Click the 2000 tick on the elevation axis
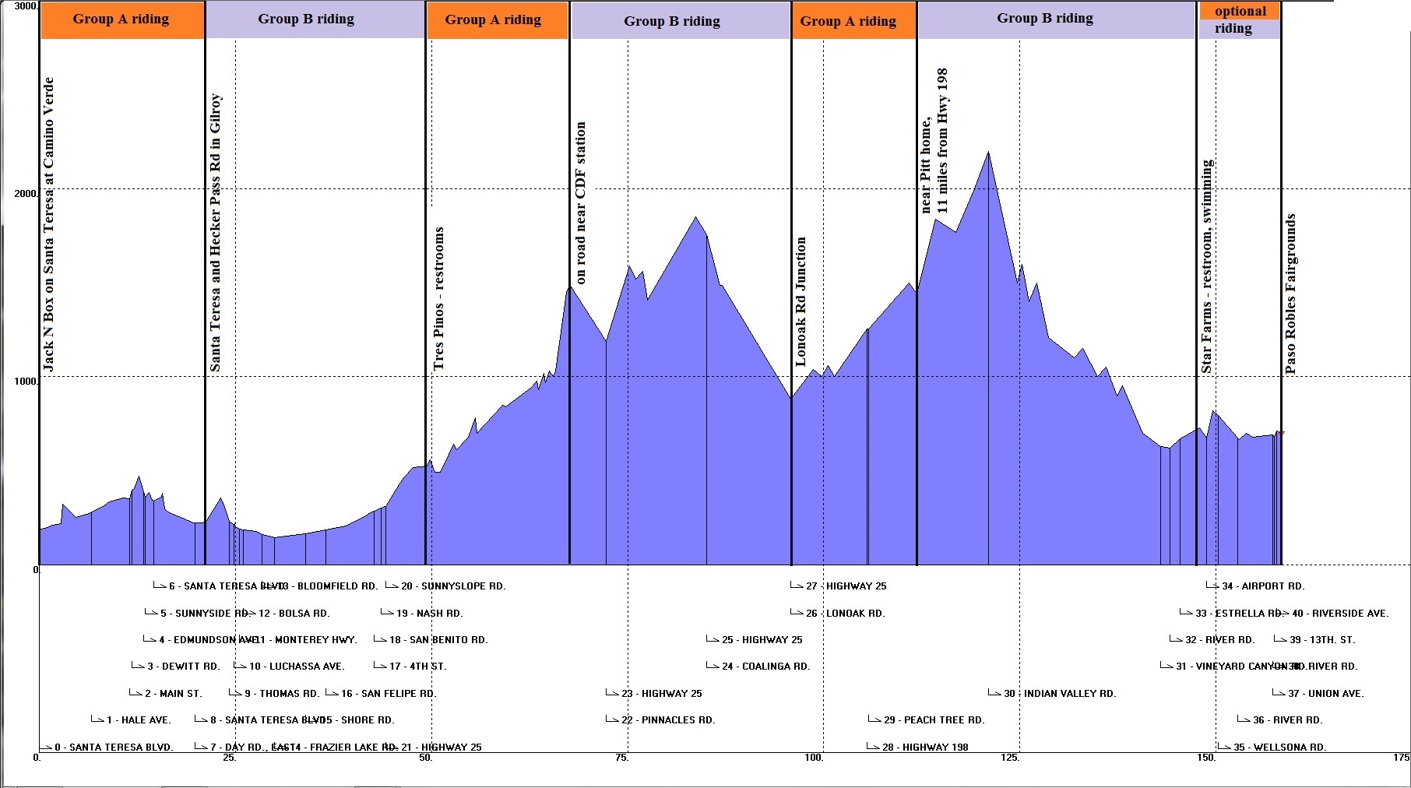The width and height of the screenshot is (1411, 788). (x=26, y=193)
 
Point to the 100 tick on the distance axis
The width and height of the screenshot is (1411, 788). (x=814, y=757)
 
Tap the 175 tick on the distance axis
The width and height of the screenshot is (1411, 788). (x=1401, y=757)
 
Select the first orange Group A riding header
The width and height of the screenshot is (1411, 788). (x=121, y=19)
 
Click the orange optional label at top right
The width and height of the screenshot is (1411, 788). (x=1240, y=11)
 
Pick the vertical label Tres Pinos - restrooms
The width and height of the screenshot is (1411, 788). (x=439, y=298)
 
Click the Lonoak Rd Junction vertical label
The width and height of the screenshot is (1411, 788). (x=801, y=301)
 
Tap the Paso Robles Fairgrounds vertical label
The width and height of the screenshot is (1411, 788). (x=1290, y=294)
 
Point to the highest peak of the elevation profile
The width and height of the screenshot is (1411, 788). (x=988, y=153)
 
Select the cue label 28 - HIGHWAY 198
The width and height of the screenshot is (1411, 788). (x=925, y=747)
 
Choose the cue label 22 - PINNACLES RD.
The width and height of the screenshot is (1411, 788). (x=668, y=719)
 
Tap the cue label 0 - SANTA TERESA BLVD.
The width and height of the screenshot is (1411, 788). (x=114, y=747)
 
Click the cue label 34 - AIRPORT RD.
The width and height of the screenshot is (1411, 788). (x=1262, y=586)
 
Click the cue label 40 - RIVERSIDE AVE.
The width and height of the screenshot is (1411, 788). (x=1339, y=613)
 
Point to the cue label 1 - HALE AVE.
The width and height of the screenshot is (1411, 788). (x=139, y=719)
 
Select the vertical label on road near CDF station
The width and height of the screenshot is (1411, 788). (x=580, y=202)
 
